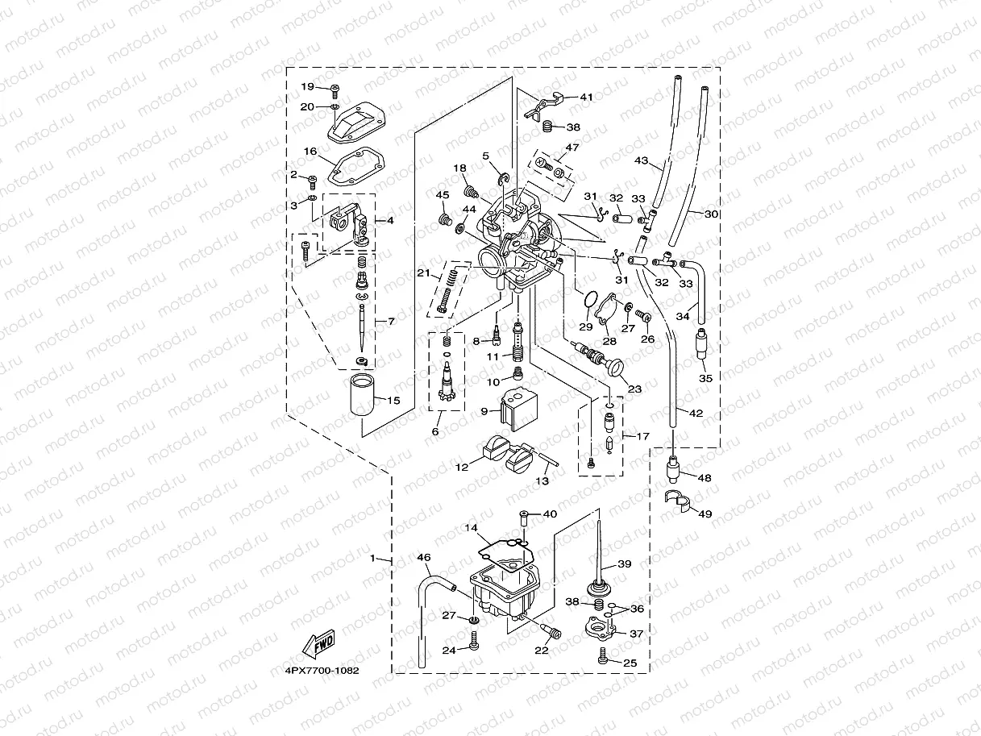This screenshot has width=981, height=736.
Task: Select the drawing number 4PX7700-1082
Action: (x=321, y=670)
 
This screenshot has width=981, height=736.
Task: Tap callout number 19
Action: (x=307, y=86)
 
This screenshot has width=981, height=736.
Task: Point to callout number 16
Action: (x=310, y=151)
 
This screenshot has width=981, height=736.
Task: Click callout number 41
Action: (x=586, y=97)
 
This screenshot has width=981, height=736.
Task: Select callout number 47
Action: (x=572, y=148)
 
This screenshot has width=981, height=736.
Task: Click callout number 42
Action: (x=696, y=413)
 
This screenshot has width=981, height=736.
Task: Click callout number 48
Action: (x=704, y=477)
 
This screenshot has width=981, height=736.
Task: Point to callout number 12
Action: (x=461, y=466)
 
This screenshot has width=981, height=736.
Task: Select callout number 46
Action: (x=423, y=556)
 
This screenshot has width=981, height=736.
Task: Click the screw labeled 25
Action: (x=603, y=659)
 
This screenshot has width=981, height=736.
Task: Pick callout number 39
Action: (x=624, y=563)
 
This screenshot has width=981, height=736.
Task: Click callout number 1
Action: (x=372, y=558)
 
